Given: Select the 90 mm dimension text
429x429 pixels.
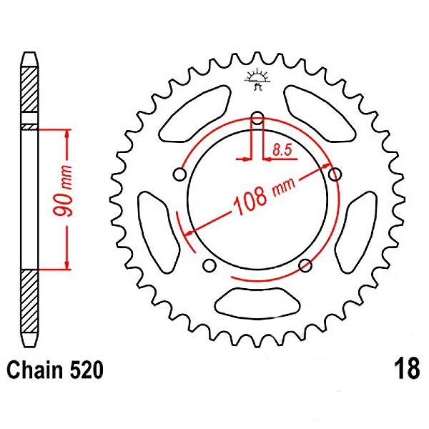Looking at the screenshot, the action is coord(63,190).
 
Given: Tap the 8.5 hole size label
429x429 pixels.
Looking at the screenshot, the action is coord(282,149).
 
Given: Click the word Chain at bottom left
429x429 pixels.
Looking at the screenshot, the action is coord(35,370).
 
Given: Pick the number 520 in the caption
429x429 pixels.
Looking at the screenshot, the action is coord(87,370).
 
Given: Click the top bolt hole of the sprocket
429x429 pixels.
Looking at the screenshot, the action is coord(257,118).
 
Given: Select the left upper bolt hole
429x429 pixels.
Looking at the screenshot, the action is coord(179,174).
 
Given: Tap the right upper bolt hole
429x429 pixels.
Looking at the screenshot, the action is coord(335,174).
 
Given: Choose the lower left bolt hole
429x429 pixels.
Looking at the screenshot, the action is coord(209,265).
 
